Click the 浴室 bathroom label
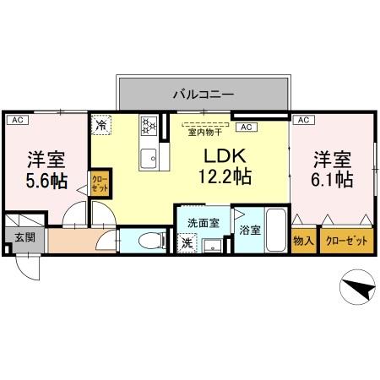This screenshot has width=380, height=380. tap(250, 229)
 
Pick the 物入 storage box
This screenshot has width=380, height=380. tap(303, 241)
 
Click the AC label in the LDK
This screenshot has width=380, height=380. tap(246, 127)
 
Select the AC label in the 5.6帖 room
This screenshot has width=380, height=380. tap(16, 121)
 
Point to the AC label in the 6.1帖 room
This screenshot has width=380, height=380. tap(301, 121)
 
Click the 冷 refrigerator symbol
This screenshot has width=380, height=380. tap(101, 125)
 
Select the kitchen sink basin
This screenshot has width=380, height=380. tap(148, 155)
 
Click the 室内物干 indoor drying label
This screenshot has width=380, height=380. tap(204, 132)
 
